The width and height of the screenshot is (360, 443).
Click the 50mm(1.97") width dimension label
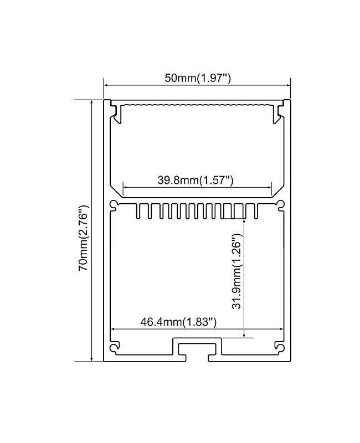(197, 78)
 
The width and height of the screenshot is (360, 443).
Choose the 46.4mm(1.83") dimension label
(178, 322)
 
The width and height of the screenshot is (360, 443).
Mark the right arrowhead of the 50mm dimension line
(288, 85)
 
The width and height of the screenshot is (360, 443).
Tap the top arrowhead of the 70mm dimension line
(91, 102)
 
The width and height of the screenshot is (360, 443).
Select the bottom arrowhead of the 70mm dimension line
(91, 359)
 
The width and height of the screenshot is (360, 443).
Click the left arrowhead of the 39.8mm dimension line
(125, 187)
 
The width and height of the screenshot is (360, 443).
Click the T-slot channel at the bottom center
(197, 348)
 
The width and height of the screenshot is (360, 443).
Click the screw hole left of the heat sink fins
(115, 206)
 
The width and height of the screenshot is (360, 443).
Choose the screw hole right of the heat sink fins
(280, 206)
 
